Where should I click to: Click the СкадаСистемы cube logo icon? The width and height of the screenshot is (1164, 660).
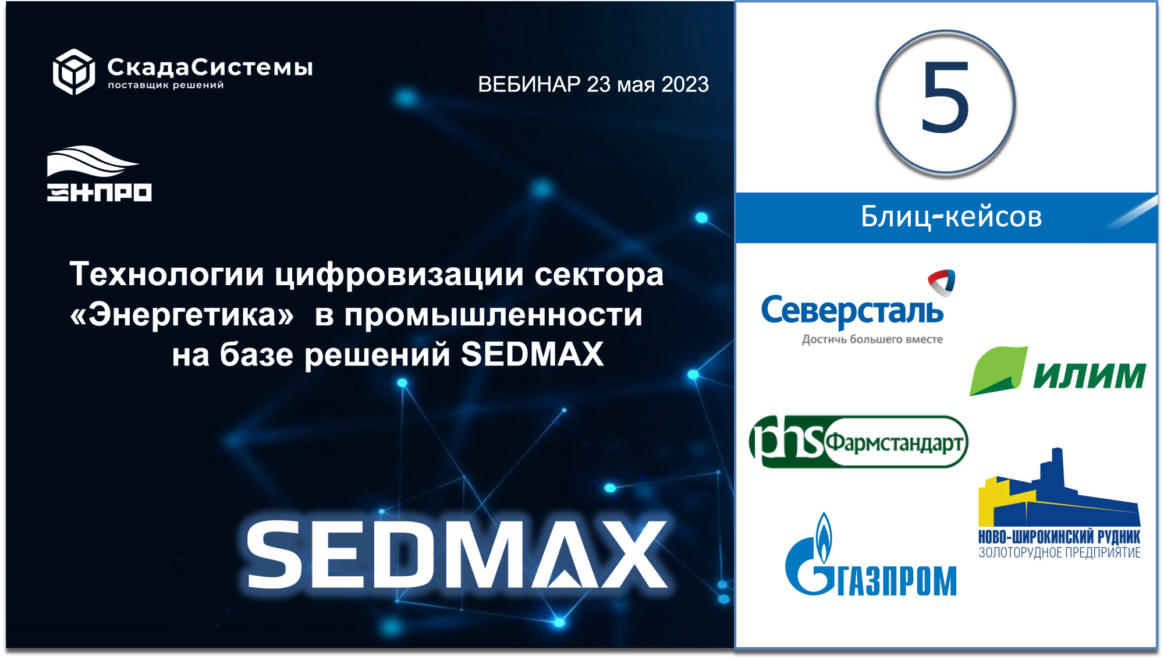click(74, 72)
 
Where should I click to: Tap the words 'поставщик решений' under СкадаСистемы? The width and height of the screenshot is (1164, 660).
click(166, 86)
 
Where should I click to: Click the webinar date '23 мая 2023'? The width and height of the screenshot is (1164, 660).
click(648, 85)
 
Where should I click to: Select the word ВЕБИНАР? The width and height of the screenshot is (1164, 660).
click(529, 85)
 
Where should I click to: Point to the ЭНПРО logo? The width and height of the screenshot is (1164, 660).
click(99, 173)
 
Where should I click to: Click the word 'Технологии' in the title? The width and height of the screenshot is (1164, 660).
click(167, 274)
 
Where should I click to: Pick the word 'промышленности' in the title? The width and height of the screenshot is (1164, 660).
click(494, 315)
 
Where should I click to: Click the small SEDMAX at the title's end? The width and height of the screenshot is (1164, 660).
click(532, 354)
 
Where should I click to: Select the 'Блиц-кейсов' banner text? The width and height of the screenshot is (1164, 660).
click(951, 217)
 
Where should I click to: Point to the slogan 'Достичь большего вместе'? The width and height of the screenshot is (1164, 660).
click(872, 339)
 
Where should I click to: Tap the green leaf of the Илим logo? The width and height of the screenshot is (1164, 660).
click(998, 371)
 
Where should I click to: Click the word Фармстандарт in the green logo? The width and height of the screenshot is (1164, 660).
click(895, 443)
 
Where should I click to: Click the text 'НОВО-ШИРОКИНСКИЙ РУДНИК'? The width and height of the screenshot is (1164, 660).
click(1059, 537)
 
